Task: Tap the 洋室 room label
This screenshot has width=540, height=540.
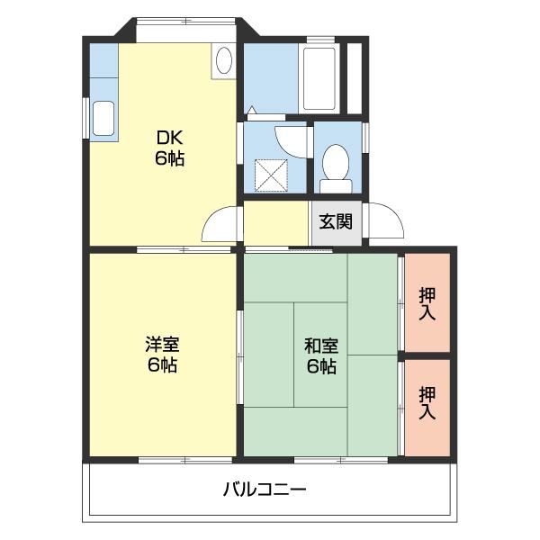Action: [163, 345]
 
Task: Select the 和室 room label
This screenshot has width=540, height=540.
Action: [320, 345]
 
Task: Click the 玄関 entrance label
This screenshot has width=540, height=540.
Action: [337, 220]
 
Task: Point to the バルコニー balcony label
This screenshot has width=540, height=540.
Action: [265, 490]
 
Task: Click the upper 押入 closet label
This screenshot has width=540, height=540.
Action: [427, 303]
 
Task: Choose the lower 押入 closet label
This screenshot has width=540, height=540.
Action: [427, 402]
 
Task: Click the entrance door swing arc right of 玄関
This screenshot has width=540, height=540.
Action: [382, 221]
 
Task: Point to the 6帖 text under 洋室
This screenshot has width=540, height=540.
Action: [163, 365]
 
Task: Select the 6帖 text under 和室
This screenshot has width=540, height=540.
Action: [320, 365]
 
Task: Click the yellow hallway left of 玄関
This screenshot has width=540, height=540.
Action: [276, 222]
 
